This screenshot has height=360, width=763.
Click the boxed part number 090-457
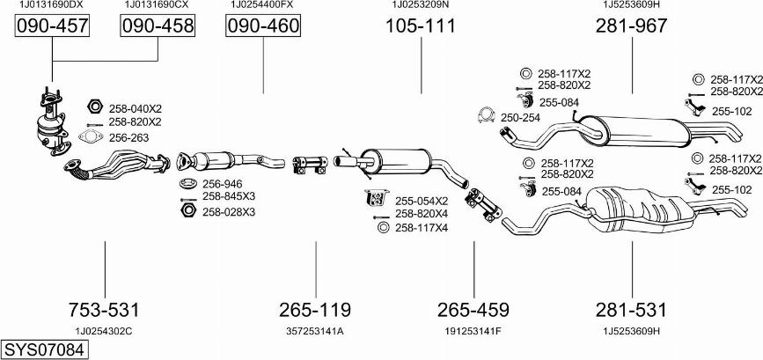click(x=52, y=26)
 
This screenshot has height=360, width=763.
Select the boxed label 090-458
click(x=158, y=26)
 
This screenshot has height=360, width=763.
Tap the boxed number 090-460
click(x=263, y=26)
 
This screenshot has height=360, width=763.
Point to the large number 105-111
click(x=421, y=26)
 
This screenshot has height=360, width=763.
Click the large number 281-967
click(x=632, y=26)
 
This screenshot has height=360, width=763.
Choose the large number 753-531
click(x=104, y=310)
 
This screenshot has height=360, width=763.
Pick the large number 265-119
click(x=315, y=310)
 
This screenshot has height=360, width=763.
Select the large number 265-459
click(x=473, y=310)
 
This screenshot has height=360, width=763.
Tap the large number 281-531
click(x=632, y=310)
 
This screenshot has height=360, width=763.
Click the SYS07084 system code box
click(x=45, y=349)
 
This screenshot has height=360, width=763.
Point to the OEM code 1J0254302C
click(x=104, y=331)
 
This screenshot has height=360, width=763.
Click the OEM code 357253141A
click(x=315, y=331)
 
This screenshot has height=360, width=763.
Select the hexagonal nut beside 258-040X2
click(x=95, y=106)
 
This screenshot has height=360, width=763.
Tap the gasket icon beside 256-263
click(x=91, y=136)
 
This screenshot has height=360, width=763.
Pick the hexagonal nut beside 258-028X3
click(x=187, y=210)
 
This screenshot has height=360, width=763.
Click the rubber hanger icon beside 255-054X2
click(x=376, y=197)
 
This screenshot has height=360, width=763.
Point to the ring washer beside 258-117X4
click(x=383, y=227)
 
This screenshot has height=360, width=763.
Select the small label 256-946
click(x=222, y=184)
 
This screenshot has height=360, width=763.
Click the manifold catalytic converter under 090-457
click(x=53, y=122)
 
